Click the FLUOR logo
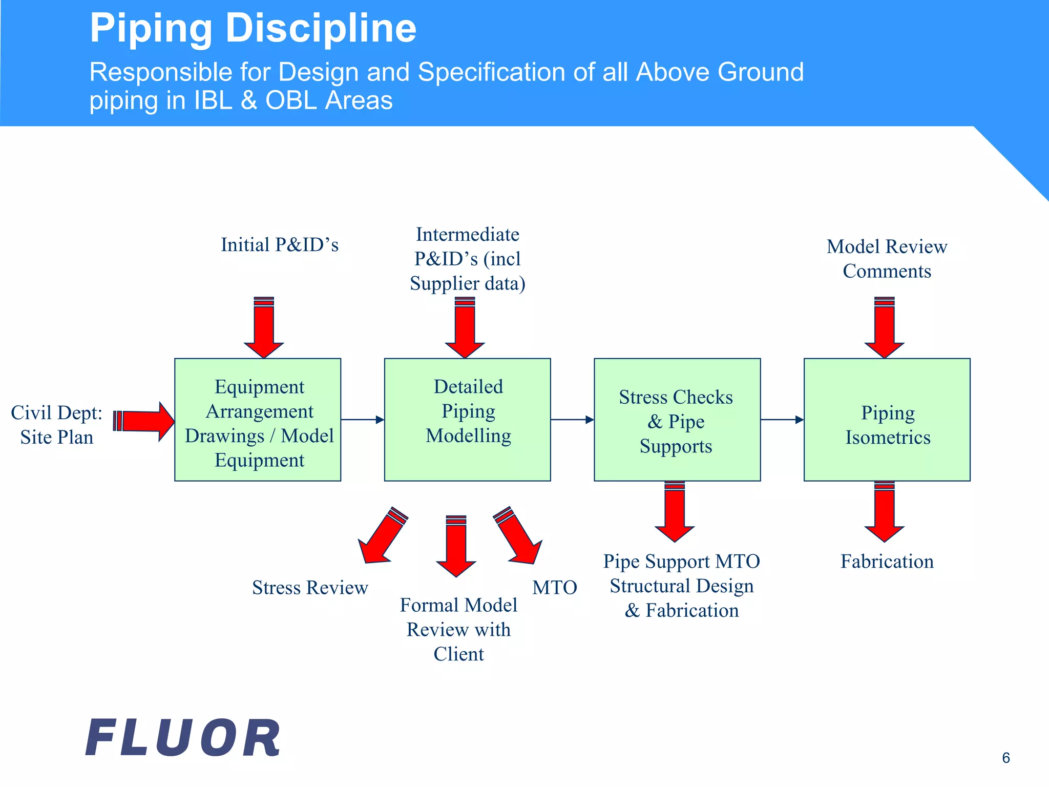(183, 738)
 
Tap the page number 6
(1005, 758)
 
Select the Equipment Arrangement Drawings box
(258, 420)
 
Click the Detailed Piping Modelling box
(467, 420)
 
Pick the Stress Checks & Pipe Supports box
(677, 420)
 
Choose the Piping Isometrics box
(887, 420)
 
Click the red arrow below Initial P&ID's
(264, 328)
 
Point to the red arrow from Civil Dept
(145, 421)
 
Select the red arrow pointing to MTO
(518, 536)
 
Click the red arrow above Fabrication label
(884, 512)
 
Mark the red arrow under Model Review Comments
(884, 328)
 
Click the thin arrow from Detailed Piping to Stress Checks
(572, 420)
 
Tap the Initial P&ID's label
(280, 245)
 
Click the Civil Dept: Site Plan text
(57, 425)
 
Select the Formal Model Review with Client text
(458, 629)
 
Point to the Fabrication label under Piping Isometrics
(887, 562)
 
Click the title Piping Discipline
(253, 28)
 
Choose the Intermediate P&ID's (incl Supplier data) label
(467, 259)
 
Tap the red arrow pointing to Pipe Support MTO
(675, 512)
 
